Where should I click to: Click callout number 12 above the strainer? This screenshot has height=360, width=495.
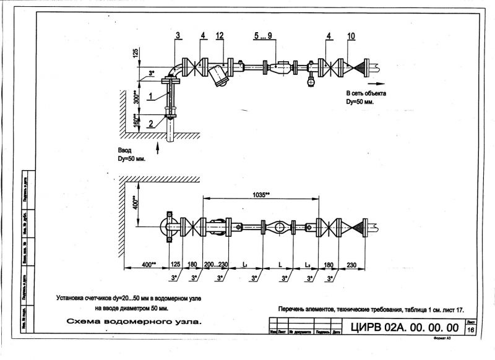tap(219, 37)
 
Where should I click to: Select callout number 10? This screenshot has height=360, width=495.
tap(351, 37)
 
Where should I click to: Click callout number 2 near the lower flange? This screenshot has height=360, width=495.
tap(150, 122)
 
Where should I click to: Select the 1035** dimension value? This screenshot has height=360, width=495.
tap(261, 194)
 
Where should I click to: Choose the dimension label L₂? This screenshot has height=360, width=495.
tap(307, 265)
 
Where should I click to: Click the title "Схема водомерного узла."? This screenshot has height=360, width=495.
tap(134, 322)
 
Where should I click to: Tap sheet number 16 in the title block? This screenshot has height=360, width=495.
tap(471, 331)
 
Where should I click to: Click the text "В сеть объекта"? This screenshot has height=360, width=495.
tap(365, 93)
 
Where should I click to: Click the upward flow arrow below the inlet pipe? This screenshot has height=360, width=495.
tap(159, 146)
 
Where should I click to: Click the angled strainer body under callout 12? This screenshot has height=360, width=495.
tap(218, 76)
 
